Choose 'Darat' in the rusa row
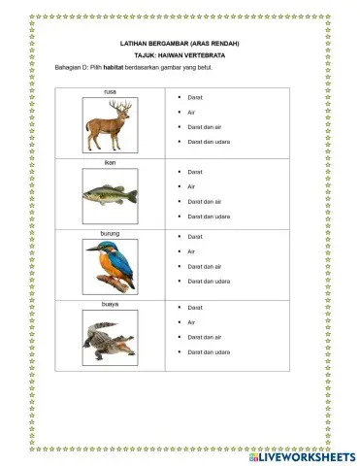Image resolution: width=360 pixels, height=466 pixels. coord(194,98)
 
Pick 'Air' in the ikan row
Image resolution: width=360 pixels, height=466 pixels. coord(192,186)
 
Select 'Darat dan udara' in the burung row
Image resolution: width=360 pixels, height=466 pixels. coord(208,282)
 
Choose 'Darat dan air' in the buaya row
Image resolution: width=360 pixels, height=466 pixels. coord(204,337)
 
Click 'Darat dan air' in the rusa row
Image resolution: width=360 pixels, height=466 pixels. coord(204,127)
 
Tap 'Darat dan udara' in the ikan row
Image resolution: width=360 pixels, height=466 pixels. coord(208,216)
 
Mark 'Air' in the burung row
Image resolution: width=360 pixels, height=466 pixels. coord(192,251)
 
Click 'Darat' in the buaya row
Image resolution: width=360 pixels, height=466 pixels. coord(194,308)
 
